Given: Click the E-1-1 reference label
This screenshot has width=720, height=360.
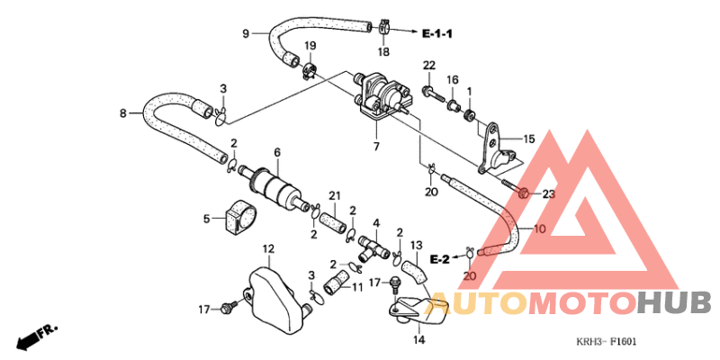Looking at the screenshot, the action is point(437,33).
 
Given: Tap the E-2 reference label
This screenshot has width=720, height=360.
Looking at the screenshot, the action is point(439,260).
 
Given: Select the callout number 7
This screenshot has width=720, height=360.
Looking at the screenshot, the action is point(376,147).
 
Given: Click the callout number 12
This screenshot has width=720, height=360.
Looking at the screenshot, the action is point(268,249).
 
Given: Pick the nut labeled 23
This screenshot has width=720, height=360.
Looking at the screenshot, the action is point(523,194).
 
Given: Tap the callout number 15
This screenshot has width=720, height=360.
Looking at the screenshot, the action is point(529,139).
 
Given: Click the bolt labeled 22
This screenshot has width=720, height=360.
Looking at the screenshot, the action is point(432,94).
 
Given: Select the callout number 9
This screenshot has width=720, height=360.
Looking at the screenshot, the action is point(246,33).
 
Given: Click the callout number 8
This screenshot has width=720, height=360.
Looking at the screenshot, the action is point(122,113).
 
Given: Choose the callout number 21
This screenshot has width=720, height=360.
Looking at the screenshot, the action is point(334,196).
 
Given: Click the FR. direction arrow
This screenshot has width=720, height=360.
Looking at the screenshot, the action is point(37,335).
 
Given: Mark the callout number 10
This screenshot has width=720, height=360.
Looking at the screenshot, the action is point(540,229).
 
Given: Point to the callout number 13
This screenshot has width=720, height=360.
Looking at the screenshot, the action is point(416,245).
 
